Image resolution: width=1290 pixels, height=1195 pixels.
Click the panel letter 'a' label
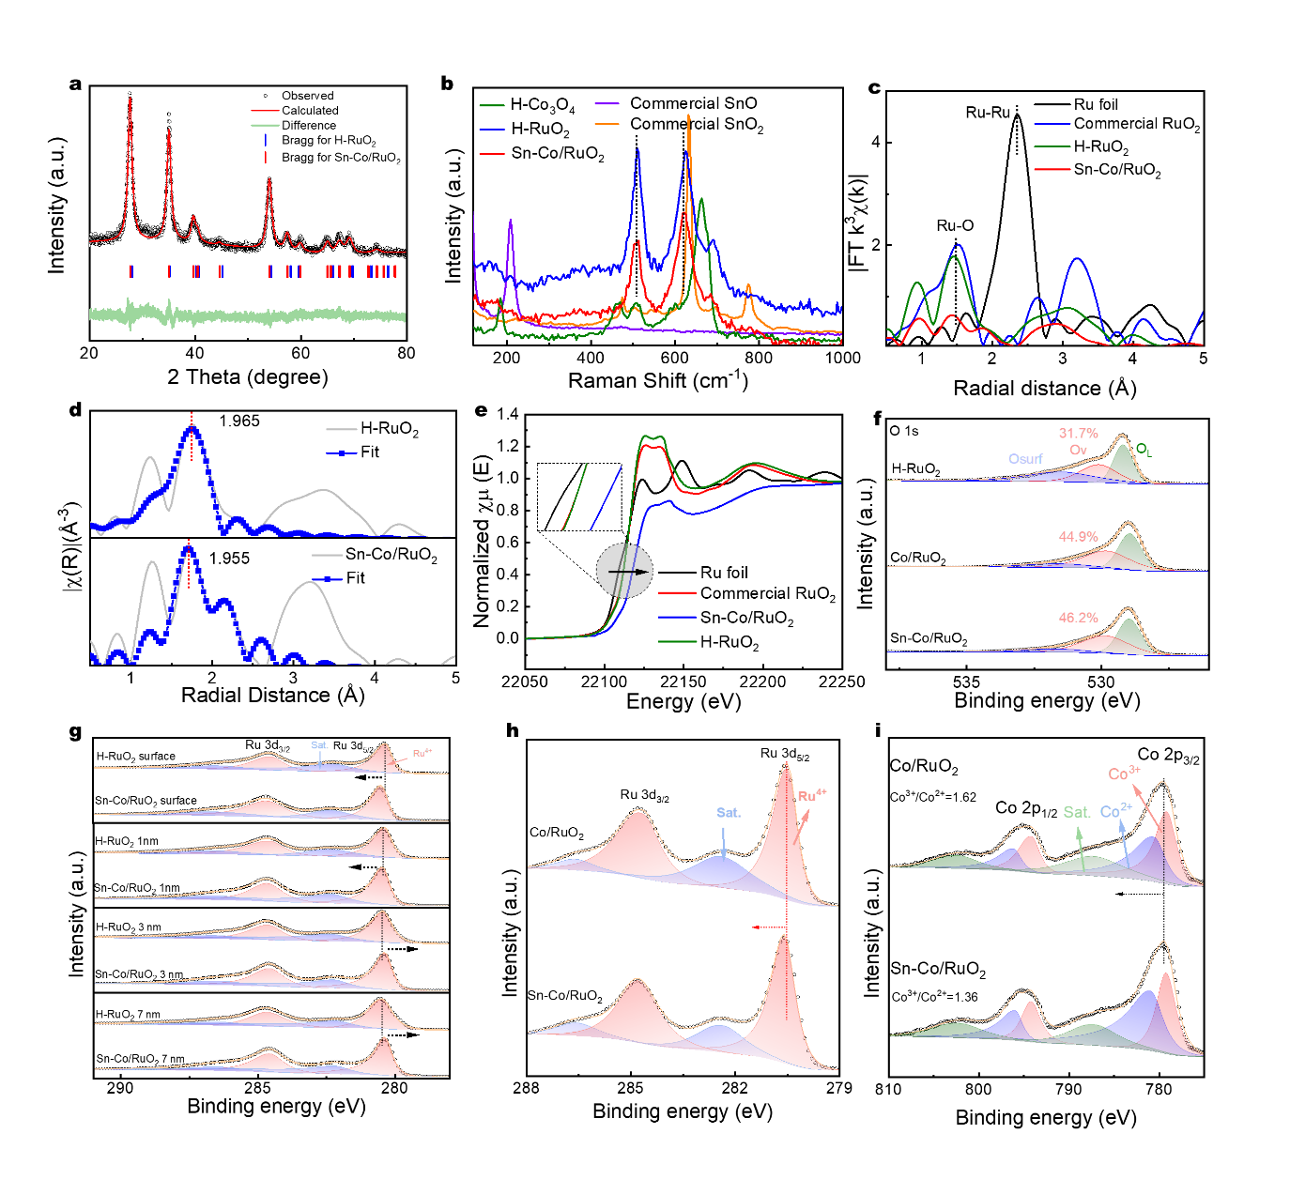pyautogui.click(x=76, y=84)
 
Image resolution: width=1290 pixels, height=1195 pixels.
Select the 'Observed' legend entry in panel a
pyautogui.click(x=307, y=96)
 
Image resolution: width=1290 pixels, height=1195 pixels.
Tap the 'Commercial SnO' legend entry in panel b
pyautogui.click(x=693, y=103)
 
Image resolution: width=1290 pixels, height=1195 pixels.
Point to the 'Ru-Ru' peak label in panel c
pyautogui.click(x=988, y=113)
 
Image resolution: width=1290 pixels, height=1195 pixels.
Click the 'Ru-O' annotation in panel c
pyautogui.click(x=955, y=225)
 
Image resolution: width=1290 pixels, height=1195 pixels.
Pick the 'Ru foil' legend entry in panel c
pyautogui.click(x=1096, y=104)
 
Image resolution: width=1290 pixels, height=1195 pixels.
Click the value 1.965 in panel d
pyautogui.click(x=239, y=421)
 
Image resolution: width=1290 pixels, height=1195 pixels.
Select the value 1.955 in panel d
pyautogui.click(x=229, y=559)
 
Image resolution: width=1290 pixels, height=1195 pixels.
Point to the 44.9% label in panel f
pyautogui.click(x=1078, y=537)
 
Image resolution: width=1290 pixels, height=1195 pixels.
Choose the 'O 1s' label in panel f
pyautogui.click(x=904, y=431)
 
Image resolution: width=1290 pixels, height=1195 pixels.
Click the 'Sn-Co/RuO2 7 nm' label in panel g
pyautogui.click(x=140, y=1059)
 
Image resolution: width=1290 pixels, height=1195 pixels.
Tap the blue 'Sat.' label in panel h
pyautogui.click(x=729, y=812)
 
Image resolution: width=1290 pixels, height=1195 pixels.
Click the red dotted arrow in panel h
pyautogui.click(x=769, y=927)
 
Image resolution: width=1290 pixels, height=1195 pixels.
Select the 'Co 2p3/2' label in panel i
pyautogui.click(x=1168, y=756)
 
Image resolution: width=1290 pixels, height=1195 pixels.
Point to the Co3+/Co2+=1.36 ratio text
pyautogui.click(x=934, y=997)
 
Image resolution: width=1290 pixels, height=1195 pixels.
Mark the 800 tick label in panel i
pyautogui.click(x=978, y=1089)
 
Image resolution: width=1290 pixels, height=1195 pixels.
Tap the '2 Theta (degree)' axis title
pyautogui.click(x=248, y=377)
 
